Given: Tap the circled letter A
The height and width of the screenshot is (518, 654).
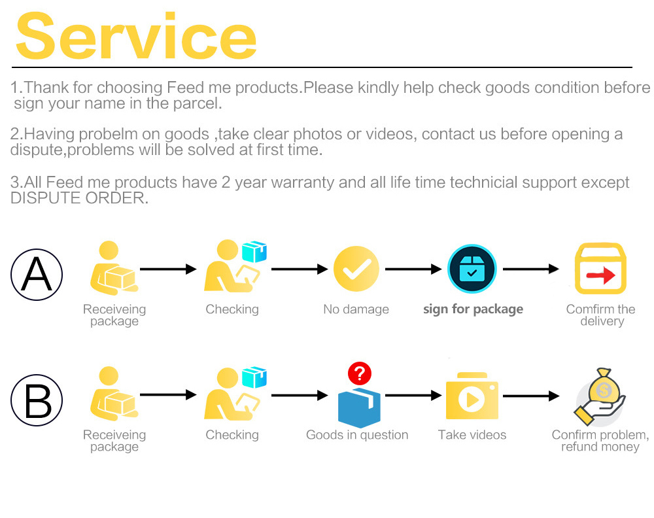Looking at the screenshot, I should click(x=37, y=274).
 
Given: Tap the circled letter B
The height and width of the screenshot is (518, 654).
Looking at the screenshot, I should click(x=37, y=400).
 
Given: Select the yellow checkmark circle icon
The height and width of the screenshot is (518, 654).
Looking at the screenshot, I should click(x=356, y=269).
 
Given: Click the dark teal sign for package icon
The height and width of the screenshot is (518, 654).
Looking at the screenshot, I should click(x=472, y=269).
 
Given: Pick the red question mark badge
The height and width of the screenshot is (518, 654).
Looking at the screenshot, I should click(x=359, y=373).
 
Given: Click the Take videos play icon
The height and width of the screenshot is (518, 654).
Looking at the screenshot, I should click(x=472, y=398).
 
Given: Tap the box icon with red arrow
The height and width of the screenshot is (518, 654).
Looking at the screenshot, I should click(x=600, y=269).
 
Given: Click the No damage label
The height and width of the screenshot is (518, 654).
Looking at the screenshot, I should click(x=356, y=309).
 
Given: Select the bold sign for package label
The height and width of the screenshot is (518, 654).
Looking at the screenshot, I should click(x=473, y=309).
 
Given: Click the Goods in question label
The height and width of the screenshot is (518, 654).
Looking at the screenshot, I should click(x=357, y=435).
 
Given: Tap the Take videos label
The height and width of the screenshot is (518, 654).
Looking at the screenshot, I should click(x=472, y=435).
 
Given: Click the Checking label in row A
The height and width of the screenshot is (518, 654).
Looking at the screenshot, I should click(x=232, y=309).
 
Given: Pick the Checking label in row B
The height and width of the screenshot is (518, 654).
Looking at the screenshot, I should click(x=232, y=435).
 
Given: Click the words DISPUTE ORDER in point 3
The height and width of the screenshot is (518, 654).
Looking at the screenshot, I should click(x=79, y=198).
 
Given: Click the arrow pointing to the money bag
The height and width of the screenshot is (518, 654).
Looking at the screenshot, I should click(x=530, y=396).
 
